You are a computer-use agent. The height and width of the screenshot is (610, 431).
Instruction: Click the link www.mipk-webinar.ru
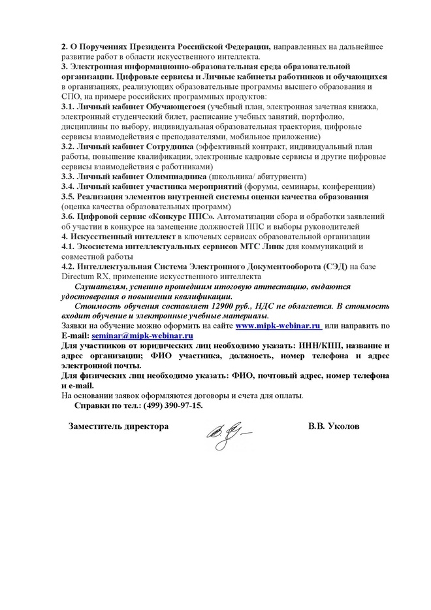point(278,325)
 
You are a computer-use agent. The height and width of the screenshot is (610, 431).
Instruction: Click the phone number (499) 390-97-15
point(168,405)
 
